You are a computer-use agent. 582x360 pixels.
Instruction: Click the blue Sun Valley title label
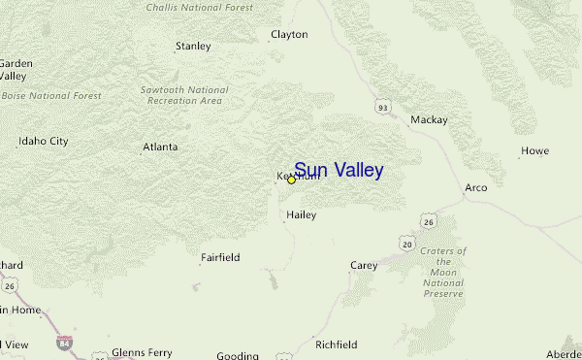tap(339, 171)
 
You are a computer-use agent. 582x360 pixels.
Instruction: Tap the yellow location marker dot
tap(291, 180)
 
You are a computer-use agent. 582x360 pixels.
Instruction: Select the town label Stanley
tap(192, 46)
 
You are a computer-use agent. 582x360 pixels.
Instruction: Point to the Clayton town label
tap(289, 34)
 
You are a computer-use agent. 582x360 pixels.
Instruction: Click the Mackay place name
tap(429, 120)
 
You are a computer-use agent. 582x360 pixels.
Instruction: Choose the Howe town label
tap(534, 150)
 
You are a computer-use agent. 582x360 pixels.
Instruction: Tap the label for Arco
tap(475, 187)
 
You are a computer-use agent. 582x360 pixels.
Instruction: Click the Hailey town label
tap(301, 215)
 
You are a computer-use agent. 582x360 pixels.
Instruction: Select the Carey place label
tap(363, 265)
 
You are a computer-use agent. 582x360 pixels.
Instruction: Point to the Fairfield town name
tap(220, 257)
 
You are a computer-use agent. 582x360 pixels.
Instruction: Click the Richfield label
tap(337, 344)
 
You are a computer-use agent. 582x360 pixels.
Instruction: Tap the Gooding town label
tap(238, 355)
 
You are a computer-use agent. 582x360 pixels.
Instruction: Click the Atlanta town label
tap(160, 147)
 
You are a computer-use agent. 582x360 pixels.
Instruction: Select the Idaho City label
tap(44, 142)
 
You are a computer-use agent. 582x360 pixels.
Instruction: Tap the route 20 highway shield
tap(405, 242)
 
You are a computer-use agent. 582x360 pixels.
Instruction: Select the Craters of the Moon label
tap(443, 272)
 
